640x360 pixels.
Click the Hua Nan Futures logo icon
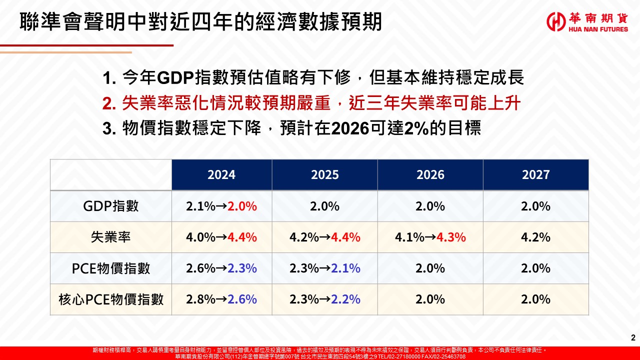(x=556, y=21)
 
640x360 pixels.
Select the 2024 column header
(x=221, y=174)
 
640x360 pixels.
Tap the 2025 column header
(x=324, y=174)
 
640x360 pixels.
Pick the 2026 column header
(x=430, y=174)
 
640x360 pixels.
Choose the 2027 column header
(x=535, y=174)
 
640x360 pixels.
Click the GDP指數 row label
(x=111, y=206)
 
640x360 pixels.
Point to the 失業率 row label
(x=111, y=237)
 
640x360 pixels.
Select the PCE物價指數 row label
(x=111, y=268)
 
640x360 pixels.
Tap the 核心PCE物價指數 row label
(x=111, y=299)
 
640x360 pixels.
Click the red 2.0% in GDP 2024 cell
(x=242, y=206)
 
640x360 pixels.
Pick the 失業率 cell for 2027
(x=535, y=237)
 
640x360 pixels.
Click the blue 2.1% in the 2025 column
(x=346, y=268)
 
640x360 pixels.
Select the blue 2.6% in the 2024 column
(x=242, y=299)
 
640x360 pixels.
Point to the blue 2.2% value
(x=346, y=299)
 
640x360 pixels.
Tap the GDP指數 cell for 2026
(x=430, y=206)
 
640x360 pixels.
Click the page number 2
(x=633, y=337)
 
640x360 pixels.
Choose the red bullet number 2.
(x=108, y=104)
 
